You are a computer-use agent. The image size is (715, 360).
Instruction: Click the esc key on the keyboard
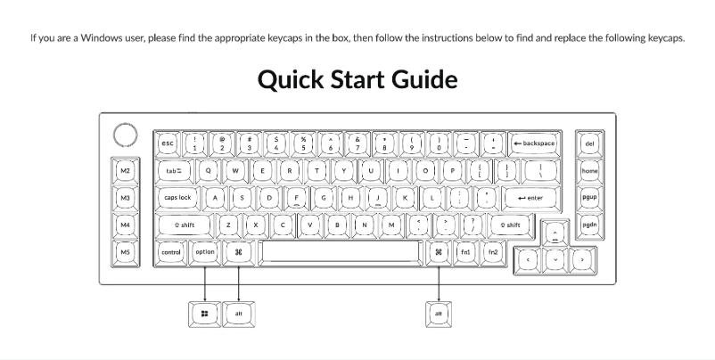pos(167,143)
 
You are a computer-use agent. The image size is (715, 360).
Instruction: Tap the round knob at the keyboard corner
pos(126,135)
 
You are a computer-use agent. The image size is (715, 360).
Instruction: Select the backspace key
pos(534,143)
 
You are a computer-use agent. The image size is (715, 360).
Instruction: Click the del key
pos(589,143)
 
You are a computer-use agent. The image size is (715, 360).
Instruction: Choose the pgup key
pos(589,198)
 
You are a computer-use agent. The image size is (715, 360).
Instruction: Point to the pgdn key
pos(589,225)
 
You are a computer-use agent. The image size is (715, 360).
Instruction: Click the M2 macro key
pos(126,170)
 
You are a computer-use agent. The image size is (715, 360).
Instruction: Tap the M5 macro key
pos(126,253)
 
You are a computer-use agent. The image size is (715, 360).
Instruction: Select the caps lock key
pos(177,198)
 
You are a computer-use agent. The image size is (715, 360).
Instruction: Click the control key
pos(170,253)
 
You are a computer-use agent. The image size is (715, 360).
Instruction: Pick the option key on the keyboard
pos(205,253)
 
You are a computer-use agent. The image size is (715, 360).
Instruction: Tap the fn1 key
pos(465,253)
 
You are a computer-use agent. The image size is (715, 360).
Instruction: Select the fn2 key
pos(493,253)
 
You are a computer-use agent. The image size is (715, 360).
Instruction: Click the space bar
pos(341,253)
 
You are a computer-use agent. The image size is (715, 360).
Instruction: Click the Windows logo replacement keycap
pos(205,314)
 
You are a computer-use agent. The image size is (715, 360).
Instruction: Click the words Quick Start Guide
pos(357,80)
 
